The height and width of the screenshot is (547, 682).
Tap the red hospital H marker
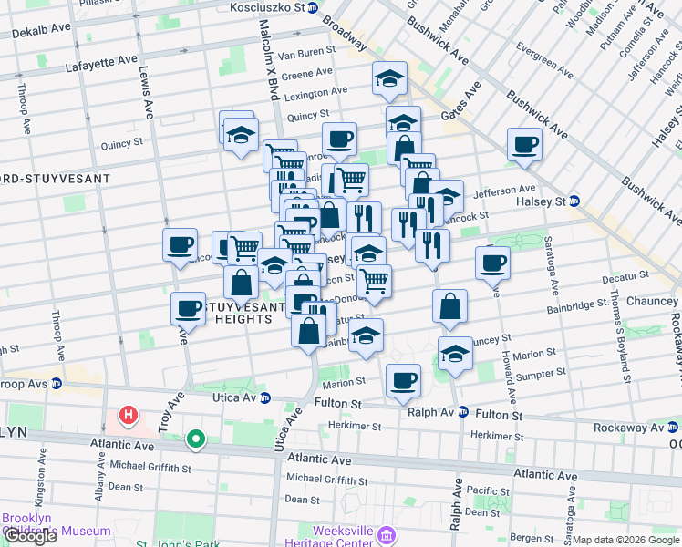click(129, 416)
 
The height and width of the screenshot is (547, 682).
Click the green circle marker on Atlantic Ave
click(195, 440)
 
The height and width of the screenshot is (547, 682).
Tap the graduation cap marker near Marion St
click(455, 352)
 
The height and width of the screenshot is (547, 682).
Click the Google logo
click(29, 536)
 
